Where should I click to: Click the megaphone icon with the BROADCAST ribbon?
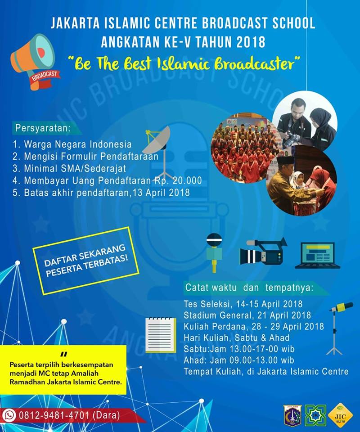point(35,62)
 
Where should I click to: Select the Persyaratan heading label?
point(43,128)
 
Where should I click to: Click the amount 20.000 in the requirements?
point(187,181)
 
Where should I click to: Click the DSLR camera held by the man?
point(292,139)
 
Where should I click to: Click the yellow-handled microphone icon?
point(214,252)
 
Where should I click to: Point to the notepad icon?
point(161,335)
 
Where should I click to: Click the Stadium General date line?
point(247,315)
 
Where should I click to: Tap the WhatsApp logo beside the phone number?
point(9,415)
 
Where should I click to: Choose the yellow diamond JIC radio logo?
point(341,416)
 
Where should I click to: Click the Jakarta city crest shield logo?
point(292,416)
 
